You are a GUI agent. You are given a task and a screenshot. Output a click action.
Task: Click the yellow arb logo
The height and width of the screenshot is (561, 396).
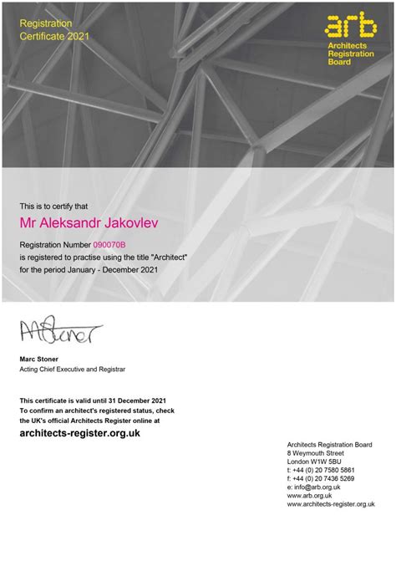(x=350, y=27)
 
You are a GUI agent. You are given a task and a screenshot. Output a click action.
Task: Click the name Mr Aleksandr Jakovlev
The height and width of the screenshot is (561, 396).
(x=88, y=224)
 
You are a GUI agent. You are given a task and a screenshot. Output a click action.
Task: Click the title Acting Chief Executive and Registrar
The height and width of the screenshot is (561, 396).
(x=73, y=369)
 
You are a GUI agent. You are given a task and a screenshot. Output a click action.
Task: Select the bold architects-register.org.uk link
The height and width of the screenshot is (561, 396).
(x=79, y=433)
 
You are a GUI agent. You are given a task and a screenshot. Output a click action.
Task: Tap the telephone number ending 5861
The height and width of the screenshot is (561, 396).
(x=322, y=470)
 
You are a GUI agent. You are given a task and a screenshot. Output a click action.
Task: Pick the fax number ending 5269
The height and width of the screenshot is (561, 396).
(x=321, y=478)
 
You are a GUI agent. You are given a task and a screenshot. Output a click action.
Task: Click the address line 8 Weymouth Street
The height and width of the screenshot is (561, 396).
(x=316, y=453)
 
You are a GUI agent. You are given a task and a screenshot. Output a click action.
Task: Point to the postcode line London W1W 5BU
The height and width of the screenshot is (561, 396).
(x=314, y=462)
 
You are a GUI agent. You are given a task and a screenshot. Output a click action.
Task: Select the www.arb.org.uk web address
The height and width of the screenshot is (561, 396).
(x=310, y=495)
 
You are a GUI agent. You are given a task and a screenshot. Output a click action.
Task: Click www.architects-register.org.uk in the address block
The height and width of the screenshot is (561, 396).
(x=331, y=503)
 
